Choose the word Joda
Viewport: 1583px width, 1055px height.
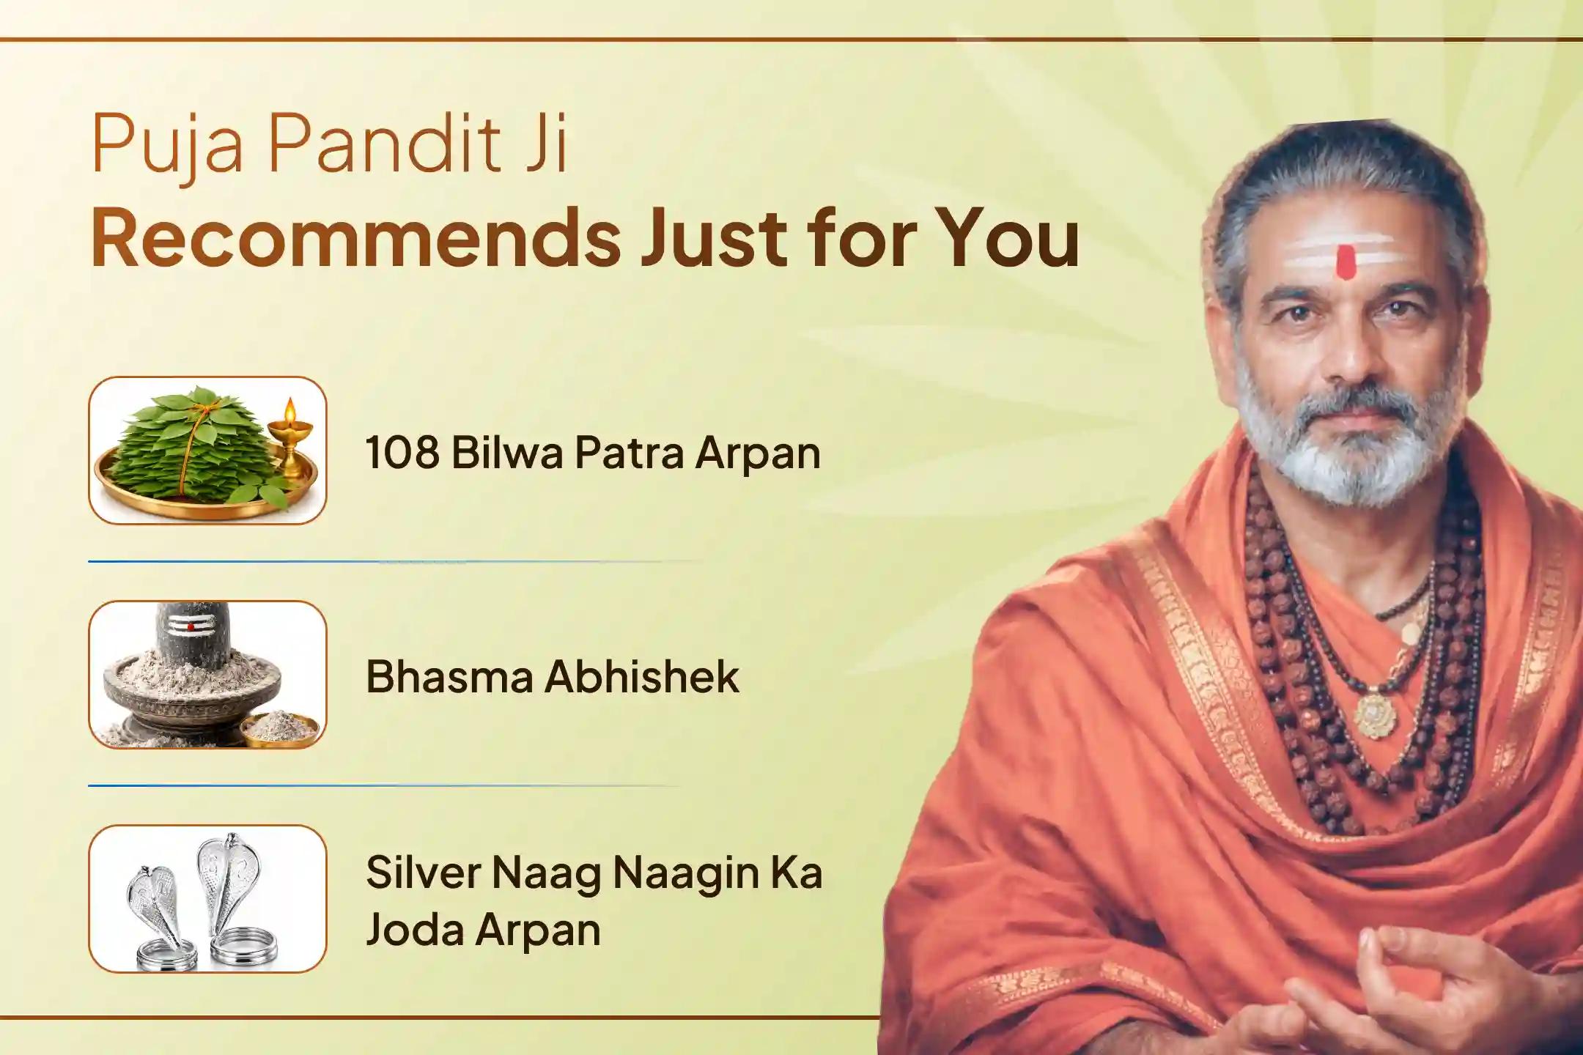[414, 929]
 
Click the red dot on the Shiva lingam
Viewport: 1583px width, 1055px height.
[191, 627]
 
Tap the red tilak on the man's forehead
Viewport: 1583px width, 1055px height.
[1345, 262]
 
